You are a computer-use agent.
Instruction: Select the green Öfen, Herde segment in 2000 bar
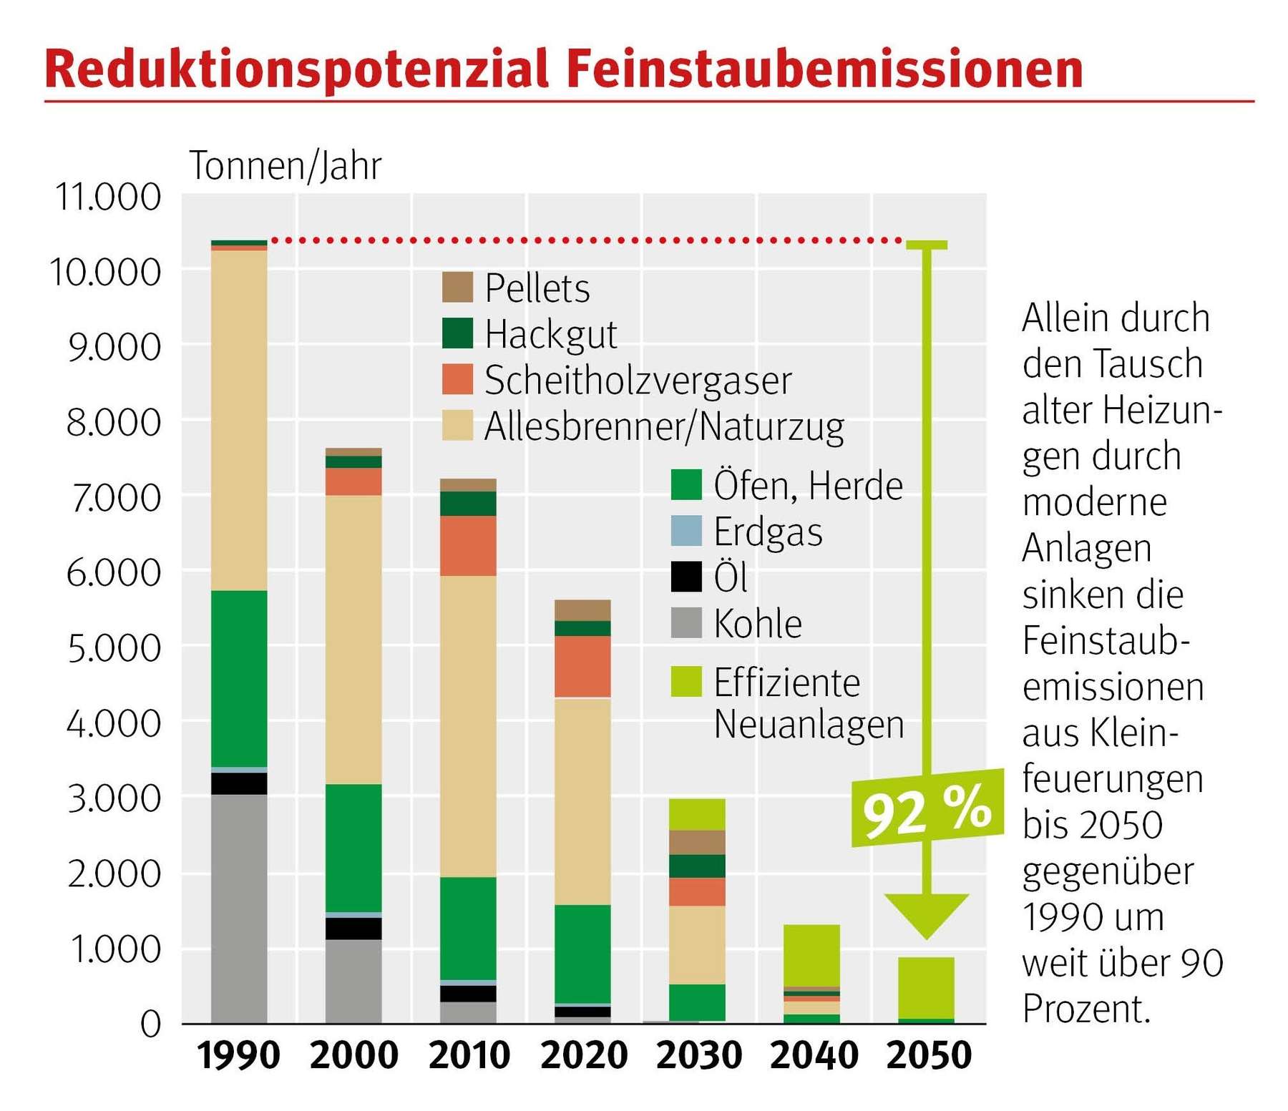coord(353,847)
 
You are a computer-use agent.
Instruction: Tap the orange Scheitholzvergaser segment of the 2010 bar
coord(468,545)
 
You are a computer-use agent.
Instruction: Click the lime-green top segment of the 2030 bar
coord(697,814)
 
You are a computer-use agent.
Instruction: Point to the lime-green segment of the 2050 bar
coord(926,987)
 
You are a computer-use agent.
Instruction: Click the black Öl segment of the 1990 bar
coord(239,783)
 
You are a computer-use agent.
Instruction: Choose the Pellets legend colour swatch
coord(457,288)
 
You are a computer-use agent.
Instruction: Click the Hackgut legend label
coord(550,334)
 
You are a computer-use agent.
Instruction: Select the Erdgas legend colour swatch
coord(686,531)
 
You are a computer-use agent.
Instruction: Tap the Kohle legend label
coord(758,623)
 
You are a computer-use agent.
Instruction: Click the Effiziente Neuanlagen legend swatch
coord(686,681)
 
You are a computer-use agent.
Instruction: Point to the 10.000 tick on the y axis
coord(106,273)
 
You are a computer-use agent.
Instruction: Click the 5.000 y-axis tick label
coord(114,648)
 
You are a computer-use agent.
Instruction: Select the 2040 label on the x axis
coord(814,1055)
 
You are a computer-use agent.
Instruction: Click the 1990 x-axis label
coord(238,1055)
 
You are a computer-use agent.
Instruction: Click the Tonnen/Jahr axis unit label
coord(285,166)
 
